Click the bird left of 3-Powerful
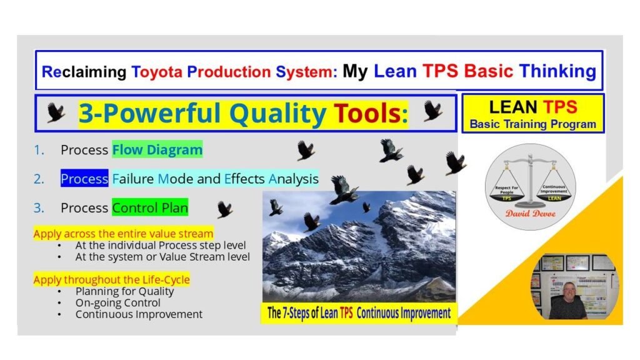(x=56, y=113)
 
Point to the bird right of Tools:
(x=432, y=111)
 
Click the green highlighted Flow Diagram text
(x=157, y=150)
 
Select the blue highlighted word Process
(x=84, y=179)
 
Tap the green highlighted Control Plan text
(x=150, y=207)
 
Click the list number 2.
(x=39, y=179)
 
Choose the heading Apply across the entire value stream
(x=123, y=234)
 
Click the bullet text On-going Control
(x=118, y=302)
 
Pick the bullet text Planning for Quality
(x=124, y=291)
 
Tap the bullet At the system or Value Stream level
(x=162, y=256)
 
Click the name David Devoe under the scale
(x=530, y=213)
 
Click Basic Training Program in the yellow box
(x=532, y=124)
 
